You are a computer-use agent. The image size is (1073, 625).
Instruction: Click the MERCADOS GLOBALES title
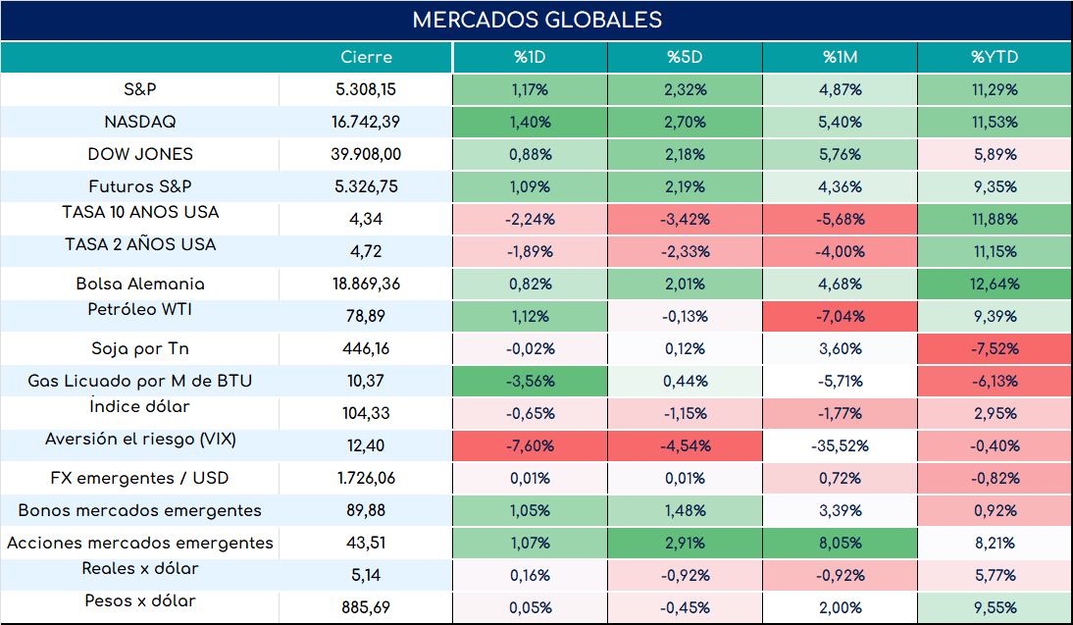537,20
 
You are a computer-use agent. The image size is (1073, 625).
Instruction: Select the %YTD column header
995,57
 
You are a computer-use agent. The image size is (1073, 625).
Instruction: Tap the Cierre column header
366,57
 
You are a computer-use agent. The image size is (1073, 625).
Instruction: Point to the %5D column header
685,57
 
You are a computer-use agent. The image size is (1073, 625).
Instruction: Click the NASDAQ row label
140,122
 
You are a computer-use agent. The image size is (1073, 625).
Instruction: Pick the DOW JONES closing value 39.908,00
366,154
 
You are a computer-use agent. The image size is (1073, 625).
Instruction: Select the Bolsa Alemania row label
140,284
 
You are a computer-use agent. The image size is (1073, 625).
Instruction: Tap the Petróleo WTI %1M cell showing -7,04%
840,316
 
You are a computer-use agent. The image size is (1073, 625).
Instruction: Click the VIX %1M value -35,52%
840,445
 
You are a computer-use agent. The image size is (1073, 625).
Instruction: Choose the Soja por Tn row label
140,348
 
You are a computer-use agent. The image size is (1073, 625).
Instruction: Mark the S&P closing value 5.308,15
366,89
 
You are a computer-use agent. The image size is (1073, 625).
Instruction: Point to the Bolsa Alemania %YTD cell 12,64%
995,284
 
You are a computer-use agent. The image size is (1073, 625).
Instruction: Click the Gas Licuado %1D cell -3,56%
531,381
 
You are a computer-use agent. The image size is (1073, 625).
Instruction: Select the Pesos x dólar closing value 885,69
366,607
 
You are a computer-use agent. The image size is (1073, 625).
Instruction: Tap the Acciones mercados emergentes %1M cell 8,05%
840,543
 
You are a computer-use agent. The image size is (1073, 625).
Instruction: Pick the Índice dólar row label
139,406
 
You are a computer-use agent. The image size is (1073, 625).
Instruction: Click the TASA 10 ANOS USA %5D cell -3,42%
685,219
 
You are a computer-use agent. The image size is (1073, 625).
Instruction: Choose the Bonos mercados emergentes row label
139,510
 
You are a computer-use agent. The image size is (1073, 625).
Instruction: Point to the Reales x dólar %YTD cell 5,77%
995,575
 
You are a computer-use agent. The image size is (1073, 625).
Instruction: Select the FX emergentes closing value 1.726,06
366,478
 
